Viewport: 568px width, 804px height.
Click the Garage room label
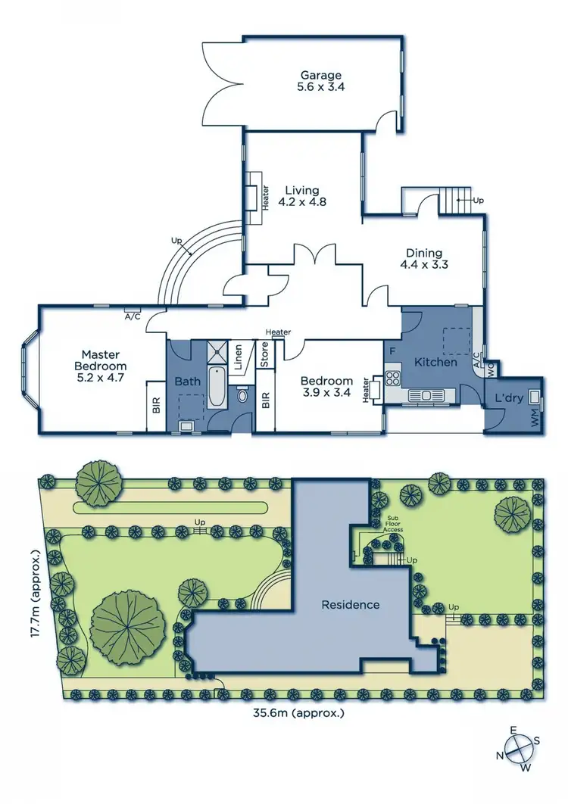[321, 81]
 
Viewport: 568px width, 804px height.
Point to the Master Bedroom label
[101, 366]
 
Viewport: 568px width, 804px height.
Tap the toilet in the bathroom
[242, 395]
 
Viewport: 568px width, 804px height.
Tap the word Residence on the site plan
[351, 605]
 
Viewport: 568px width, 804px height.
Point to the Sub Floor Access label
[392, 525]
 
